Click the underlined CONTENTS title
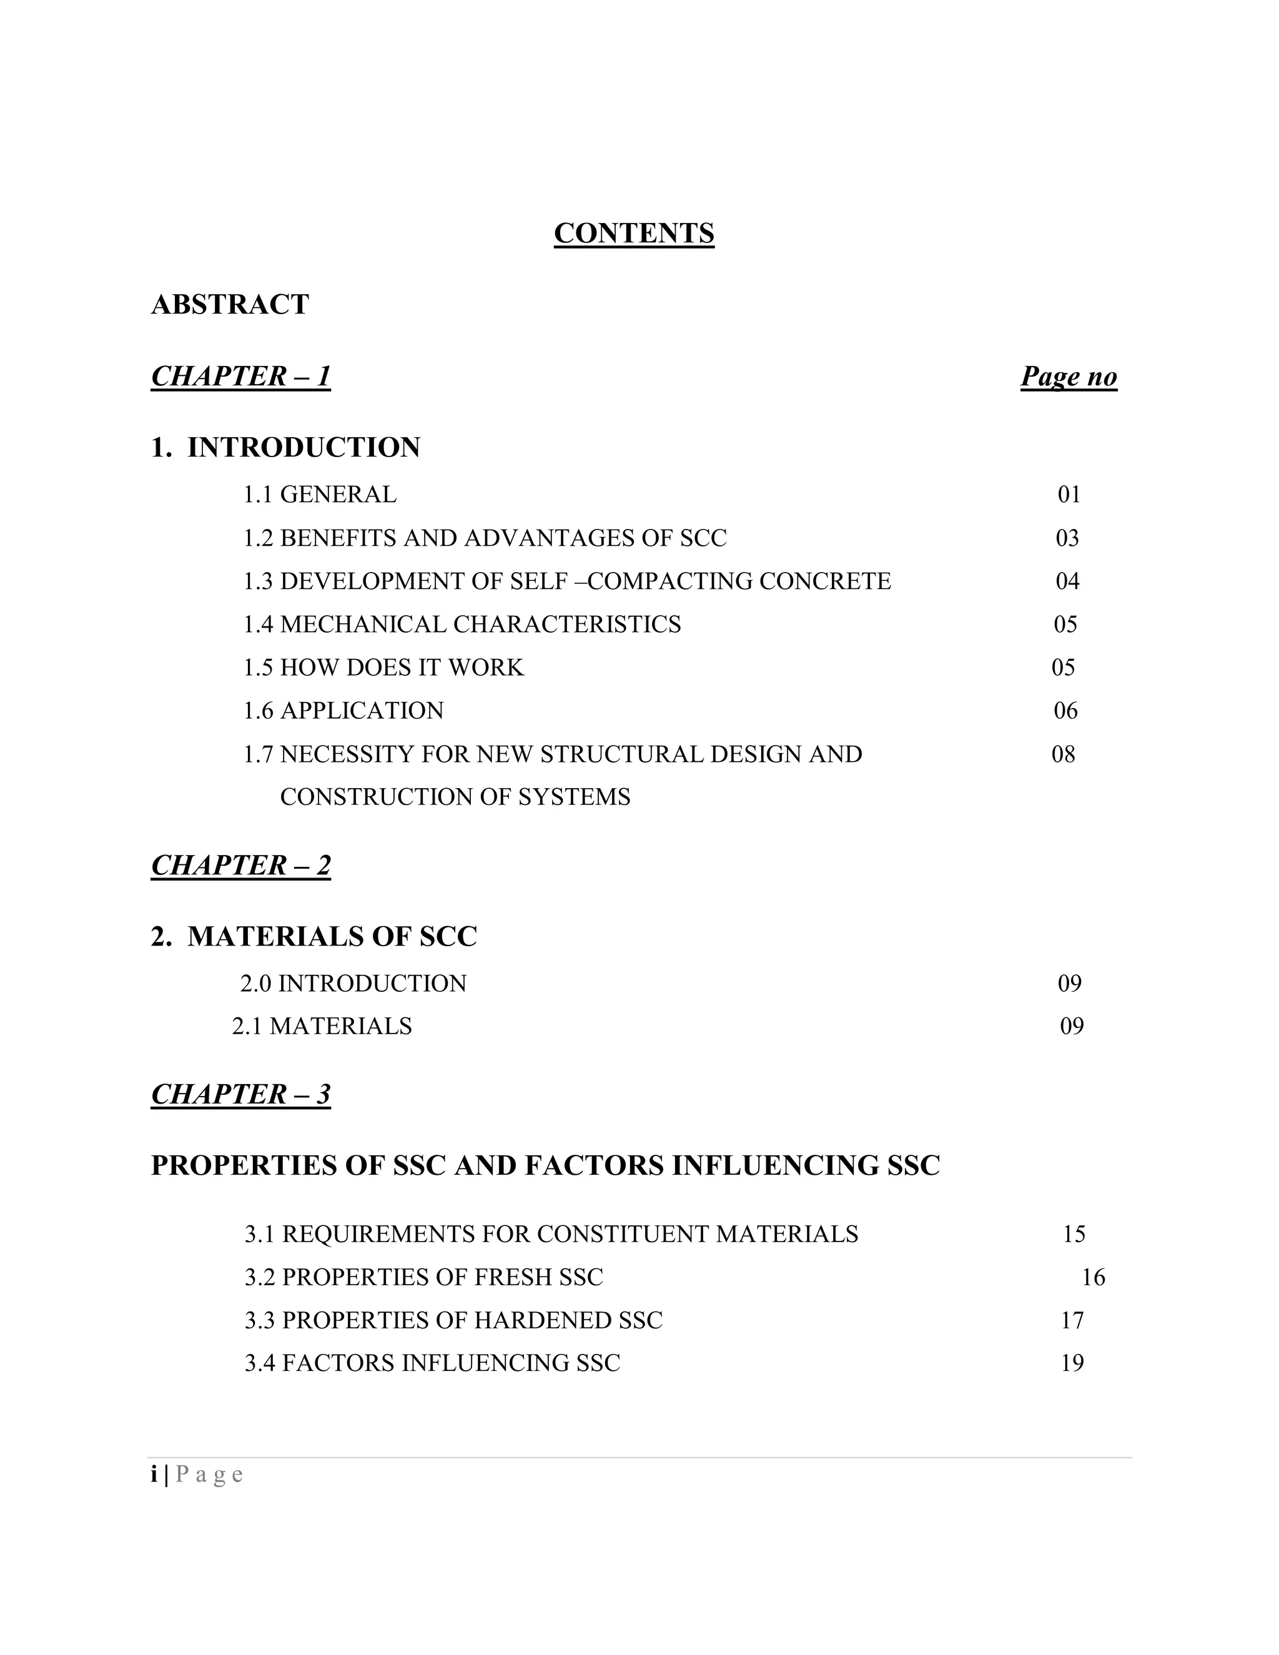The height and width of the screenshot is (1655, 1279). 633,234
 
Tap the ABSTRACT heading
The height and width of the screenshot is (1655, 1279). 230,305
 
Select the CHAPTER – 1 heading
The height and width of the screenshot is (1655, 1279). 240,376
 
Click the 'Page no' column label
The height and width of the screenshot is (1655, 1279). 1069,376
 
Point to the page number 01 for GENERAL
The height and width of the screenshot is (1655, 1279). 1069,495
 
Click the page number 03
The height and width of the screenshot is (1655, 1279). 1067,538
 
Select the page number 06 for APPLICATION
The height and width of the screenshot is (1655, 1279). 1065,711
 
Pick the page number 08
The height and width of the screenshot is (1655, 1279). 1063,754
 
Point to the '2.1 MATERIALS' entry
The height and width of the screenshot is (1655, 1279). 322,1026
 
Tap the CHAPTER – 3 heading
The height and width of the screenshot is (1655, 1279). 240,1094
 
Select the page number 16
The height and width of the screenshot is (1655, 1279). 1093,1278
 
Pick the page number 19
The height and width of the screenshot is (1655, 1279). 1072,1363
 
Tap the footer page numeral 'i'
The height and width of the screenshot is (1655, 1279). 154,1475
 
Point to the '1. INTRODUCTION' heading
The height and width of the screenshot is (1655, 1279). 285,448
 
